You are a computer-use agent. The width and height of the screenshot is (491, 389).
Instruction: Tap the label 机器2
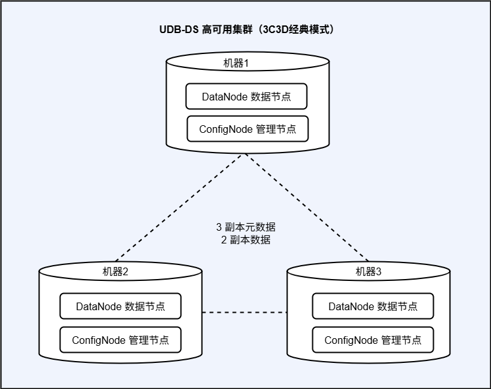tap(116, 271)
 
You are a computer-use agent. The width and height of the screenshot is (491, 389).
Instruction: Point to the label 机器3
tap(370, 271)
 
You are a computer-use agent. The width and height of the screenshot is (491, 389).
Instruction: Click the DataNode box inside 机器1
tap(247, 97)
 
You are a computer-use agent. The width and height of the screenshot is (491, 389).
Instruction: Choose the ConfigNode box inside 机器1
tap(247, 129)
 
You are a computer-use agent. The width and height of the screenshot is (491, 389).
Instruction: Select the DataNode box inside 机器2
tap(121, 306)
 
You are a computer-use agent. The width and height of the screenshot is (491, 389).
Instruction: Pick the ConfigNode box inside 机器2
tap(121, 340)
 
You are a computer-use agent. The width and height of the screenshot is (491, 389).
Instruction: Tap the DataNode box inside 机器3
tap(373, 306)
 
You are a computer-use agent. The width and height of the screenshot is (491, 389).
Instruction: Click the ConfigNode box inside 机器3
tap(373, 340)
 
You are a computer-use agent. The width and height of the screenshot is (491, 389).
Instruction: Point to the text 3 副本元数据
tap(246, 227)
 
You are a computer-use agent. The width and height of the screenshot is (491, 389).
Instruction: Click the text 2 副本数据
tap(246, 240)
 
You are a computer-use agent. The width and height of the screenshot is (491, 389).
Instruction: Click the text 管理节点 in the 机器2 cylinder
tap(149, 340)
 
